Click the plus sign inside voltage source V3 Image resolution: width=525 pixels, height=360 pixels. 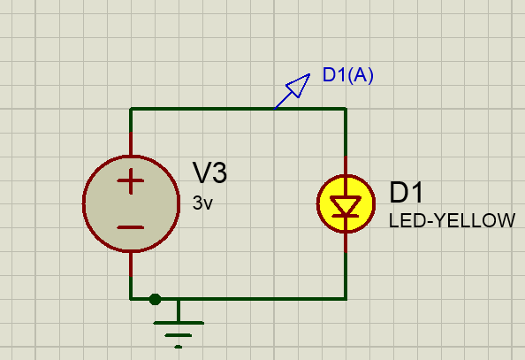[131, 181]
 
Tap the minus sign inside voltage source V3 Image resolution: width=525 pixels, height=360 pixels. [131, 227]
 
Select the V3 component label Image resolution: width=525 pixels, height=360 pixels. [209, 172]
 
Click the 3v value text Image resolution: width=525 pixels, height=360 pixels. [202, 203]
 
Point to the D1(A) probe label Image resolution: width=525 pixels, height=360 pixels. [347, 75]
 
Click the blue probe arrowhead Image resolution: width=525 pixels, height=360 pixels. [298, 86]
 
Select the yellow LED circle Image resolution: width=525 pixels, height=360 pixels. [346, 203]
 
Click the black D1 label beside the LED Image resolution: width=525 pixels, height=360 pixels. [407, 193]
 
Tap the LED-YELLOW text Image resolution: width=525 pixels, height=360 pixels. [452, 220]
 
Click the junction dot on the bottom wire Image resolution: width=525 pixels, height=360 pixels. [155, 299]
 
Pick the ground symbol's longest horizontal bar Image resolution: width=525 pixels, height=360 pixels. [179, 323]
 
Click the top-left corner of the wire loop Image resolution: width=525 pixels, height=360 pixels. [131, 109]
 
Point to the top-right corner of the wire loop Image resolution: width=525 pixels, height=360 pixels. [346, 109]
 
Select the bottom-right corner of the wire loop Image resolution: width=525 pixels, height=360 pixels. [346, 299]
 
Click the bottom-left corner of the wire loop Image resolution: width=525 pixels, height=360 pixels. [131, 299]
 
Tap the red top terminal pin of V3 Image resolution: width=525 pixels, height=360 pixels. [131, 144]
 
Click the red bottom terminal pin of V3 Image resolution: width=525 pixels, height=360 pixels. [131, 264]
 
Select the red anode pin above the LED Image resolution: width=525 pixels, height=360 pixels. [346, 165]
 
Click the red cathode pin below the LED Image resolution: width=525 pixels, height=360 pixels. [346, 242]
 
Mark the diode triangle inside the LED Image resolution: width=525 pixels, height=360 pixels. [346, 205]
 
